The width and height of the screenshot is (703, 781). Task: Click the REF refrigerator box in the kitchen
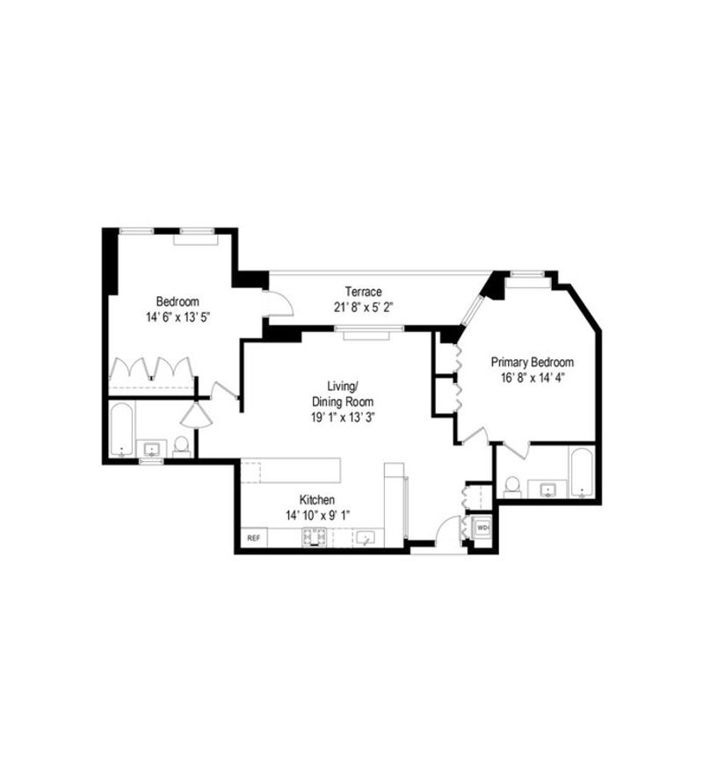point(254,538)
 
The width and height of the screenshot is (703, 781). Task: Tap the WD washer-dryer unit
point(482,526)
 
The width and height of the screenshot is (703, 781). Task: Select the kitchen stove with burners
point(314,538)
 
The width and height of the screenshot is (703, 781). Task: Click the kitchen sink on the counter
point(367,538)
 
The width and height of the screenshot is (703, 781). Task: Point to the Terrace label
point(364,292)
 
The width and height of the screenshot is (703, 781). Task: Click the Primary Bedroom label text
point(533,362)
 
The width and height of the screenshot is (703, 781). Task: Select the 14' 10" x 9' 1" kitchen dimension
point(318,515)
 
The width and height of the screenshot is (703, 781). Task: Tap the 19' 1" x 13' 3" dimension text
point(343,417)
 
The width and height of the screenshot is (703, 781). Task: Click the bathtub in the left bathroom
point(122,430)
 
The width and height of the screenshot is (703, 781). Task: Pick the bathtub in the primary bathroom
point(582,473)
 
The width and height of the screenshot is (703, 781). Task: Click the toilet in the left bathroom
point(182,447)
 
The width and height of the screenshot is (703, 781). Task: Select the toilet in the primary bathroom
point(512,487)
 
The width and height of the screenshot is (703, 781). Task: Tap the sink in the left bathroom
point(152,449)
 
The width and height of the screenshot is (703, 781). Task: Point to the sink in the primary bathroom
point(548,489)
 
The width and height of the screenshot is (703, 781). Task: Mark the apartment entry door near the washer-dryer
point(447,530)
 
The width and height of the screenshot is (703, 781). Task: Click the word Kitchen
point(317,500)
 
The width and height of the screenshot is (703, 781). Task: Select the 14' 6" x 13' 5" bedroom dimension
point(178,317)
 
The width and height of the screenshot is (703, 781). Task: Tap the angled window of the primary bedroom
point(472,311)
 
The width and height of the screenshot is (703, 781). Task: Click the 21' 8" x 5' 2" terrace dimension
point(364,307)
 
